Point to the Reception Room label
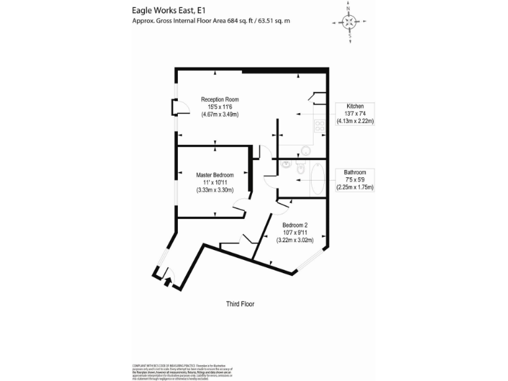(x=220, y=100)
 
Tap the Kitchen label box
(x=355, y=114)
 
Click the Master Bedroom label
(x=215, y=175)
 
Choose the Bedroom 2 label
(x=294, y=225)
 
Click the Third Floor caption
(x=240, y=304)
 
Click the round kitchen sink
(x=304, y=149)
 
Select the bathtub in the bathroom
(x=316, y=178)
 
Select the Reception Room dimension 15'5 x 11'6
(x=220, y=106)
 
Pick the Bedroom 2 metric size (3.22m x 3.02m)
(x=294, y=240)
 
